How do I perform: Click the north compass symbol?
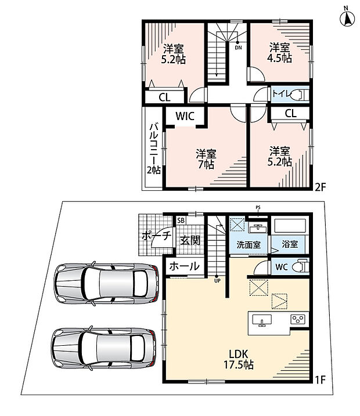[x=347, y=18]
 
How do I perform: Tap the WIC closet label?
[x=185, y=116]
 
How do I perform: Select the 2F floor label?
[x=320, y=187]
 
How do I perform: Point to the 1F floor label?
[x=320, y=380]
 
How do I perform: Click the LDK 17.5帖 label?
[x=239, y=360]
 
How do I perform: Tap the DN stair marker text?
[x=239, y=48]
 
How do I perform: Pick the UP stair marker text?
[x=217, y=281]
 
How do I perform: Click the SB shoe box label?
[x=181, y=220]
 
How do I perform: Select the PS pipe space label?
[x=258, y=208]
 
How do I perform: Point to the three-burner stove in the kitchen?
[x=298, y=319]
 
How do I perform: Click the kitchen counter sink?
[x=262, y=320]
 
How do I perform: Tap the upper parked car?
[x=106, y=283]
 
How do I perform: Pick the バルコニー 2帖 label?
[x=154, y=148]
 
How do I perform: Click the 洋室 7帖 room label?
[x=206, y=159]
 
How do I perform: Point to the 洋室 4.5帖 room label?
[x=279, y=53]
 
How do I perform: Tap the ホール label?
[x=184, y=266]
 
